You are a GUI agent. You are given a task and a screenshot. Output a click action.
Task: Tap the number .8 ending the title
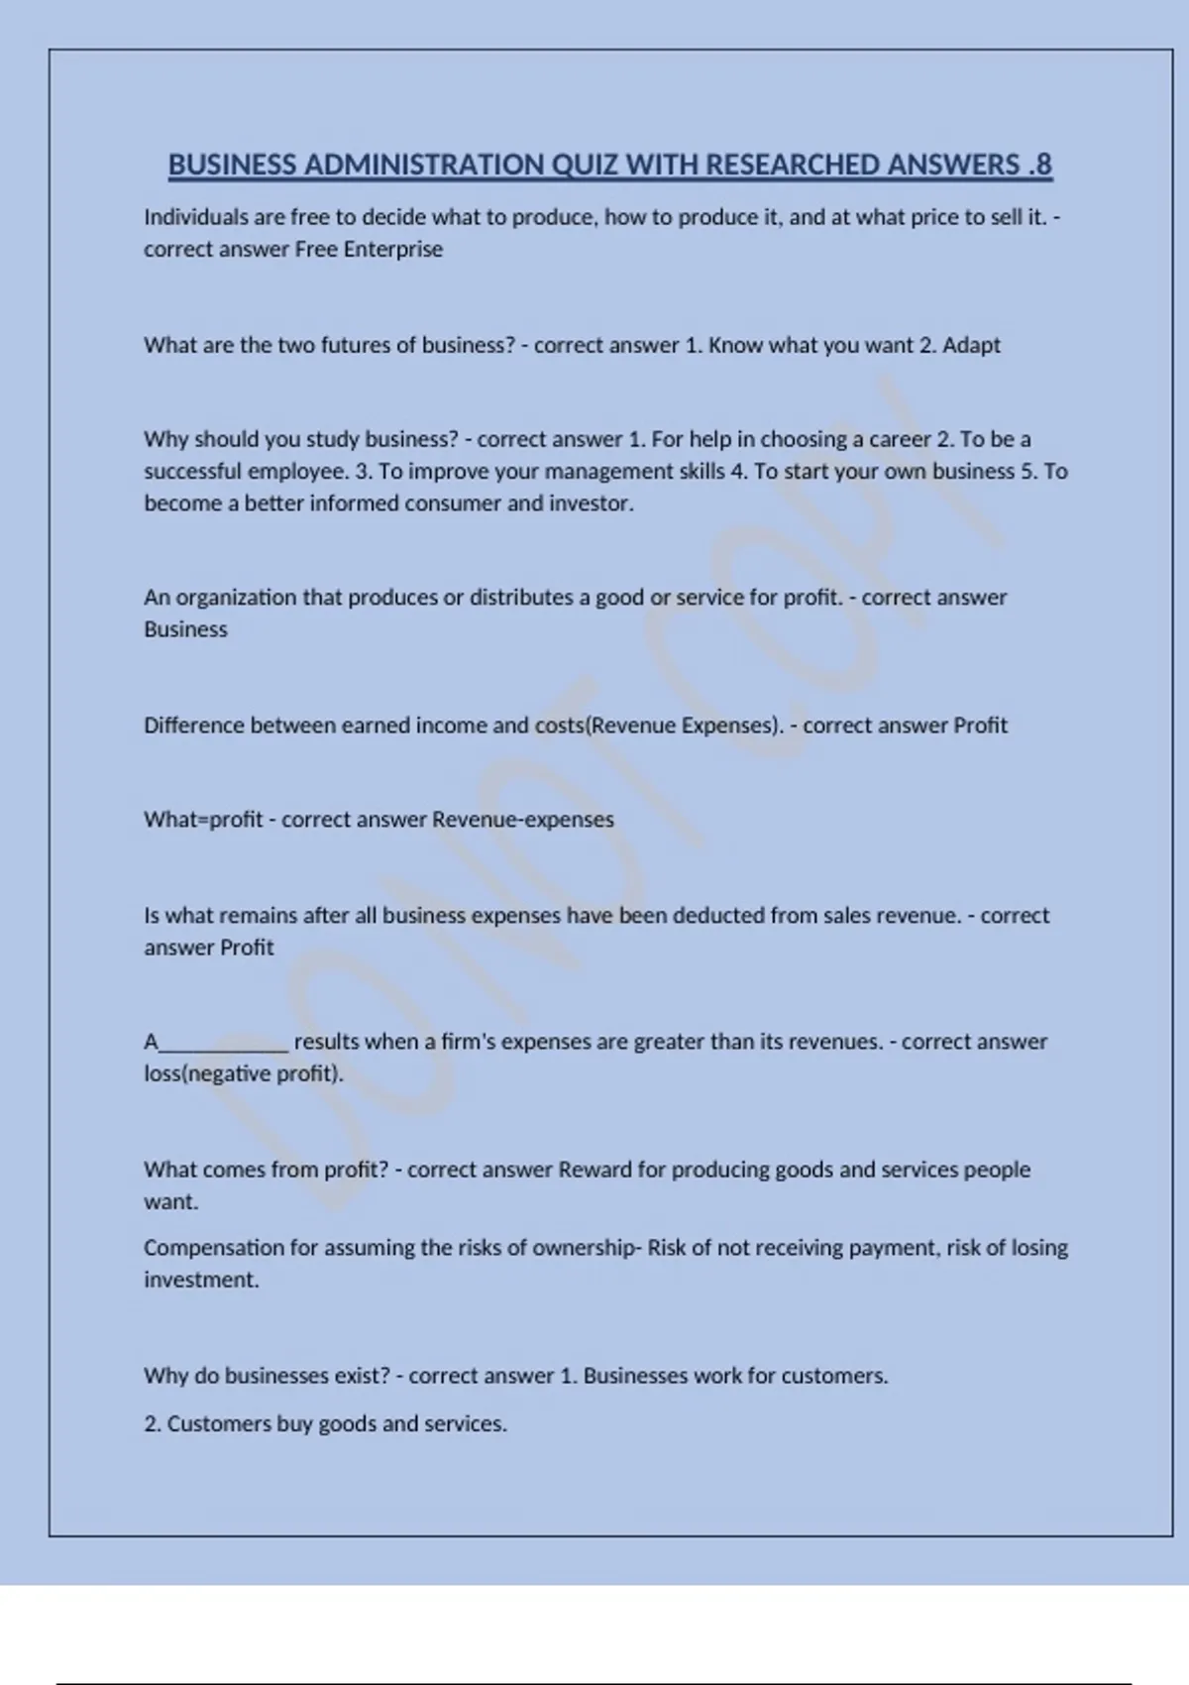pyautogui.click(x=1039, y=165)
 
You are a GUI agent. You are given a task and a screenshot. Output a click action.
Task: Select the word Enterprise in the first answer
pyautogui.click(x=393, y=249)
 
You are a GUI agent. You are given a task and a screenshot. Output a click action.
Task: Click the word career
pyautogui.click(x=900, y=439)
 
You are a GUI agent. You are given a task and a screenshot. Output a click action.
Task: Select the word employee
pyautogui.click(x=298, y=471)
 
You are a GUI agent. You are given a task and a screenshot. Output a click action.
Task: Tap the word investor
pyautogui.click(x=592, y=503)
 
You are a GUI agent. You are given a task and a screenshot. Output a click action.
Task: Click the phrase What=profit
pyautogui.click(x=203, y=820)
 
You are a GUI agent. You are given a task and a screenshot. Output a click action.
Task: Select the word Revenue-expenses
pyautogui.click(x=523, y=820)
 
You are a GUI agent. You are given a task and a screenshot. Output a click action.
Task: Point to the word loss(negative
pyautogui.click(x=206, y=1073)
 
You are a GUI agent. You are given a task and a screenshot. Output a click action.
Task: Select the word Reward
pyautogui.click(x=594, y=1170)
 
